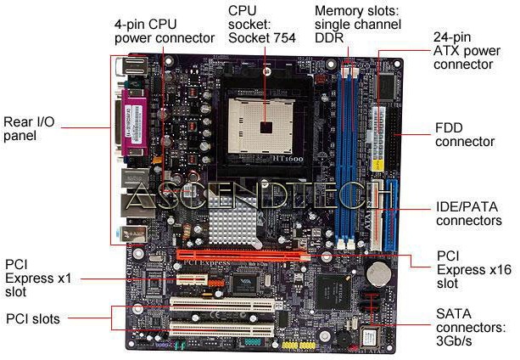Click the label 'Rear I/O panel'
click(x=29, y=129)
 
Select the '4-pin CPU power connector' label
click(x=165, y=31)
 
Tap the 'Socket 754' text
click(x=261, y=38)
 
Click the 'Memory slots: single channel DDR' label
click(x=358, y=25)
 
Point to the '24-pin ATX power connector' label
click(x=467, y=51)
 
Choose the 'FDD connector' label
click(x=465, y=135)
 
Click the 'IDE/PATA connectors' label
click(x=468, y=214)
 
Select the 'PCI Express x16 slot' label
click(x=474, y=270)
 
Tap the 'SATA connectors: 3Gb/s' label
click(x=471, y=327)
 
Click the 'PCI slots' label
click(x=33, y=319)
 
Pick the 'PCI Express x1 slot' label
click(x=38, y=278)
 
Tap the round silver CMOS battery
click(x=379, y=274)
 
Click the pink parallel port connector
click(x=136, y=122)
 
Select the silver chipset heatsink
click(x=234, y=222)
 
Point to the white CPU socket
click(x=260, y=126)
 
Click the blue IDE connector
click(x=391, y=216)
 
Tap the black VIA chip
click(x=245, y=283)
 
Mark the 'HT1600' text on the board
click(x=288, y=159)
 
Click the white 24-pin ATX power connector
click(x=377, y=138)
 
